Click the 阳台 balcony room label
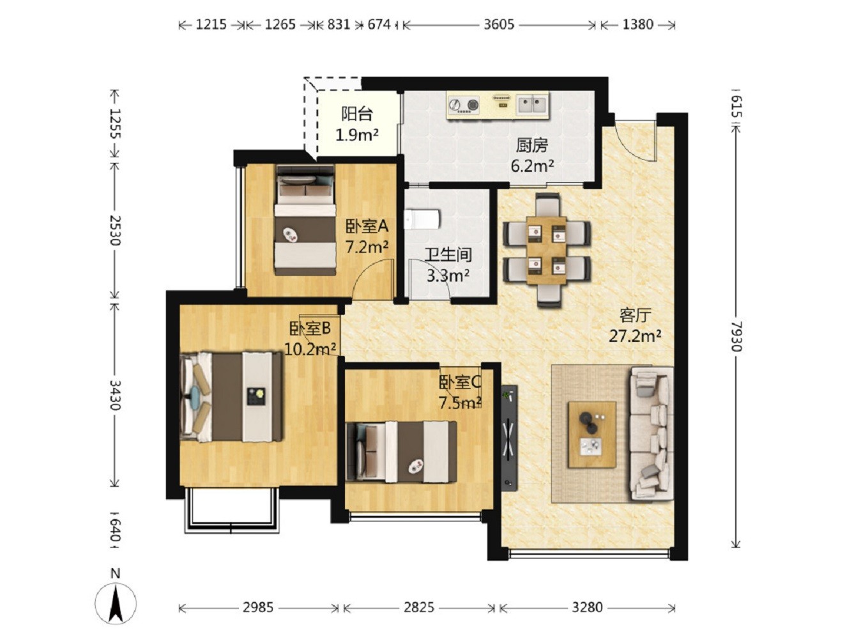tap(357, 114)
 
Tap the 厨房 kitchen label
tap(532, 146)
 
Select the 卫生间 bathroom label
tap(448, 255)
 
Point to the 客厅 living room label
tap(635, 315)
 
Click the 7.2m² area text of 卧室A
tap(367, 247)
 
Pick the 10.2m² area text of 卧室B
tap(310, 349)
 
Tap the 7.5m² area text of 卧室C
tap(461, 403)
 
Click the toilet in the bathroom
tap(422, 219)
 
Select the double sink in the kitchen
tap(532, 105)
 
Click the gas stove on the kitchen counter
tap(463, 105)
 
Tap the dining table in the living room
tap(546, 250)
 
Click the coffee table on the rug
tap(591, 435)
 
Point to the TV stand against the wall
tap(509, 438)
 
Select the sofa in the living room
tap(652, 433)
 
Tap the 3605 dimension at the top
tap(499, 25)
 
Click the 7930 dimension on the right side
tap(736, 337)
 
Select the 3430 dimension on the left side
tap(115, 395)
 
